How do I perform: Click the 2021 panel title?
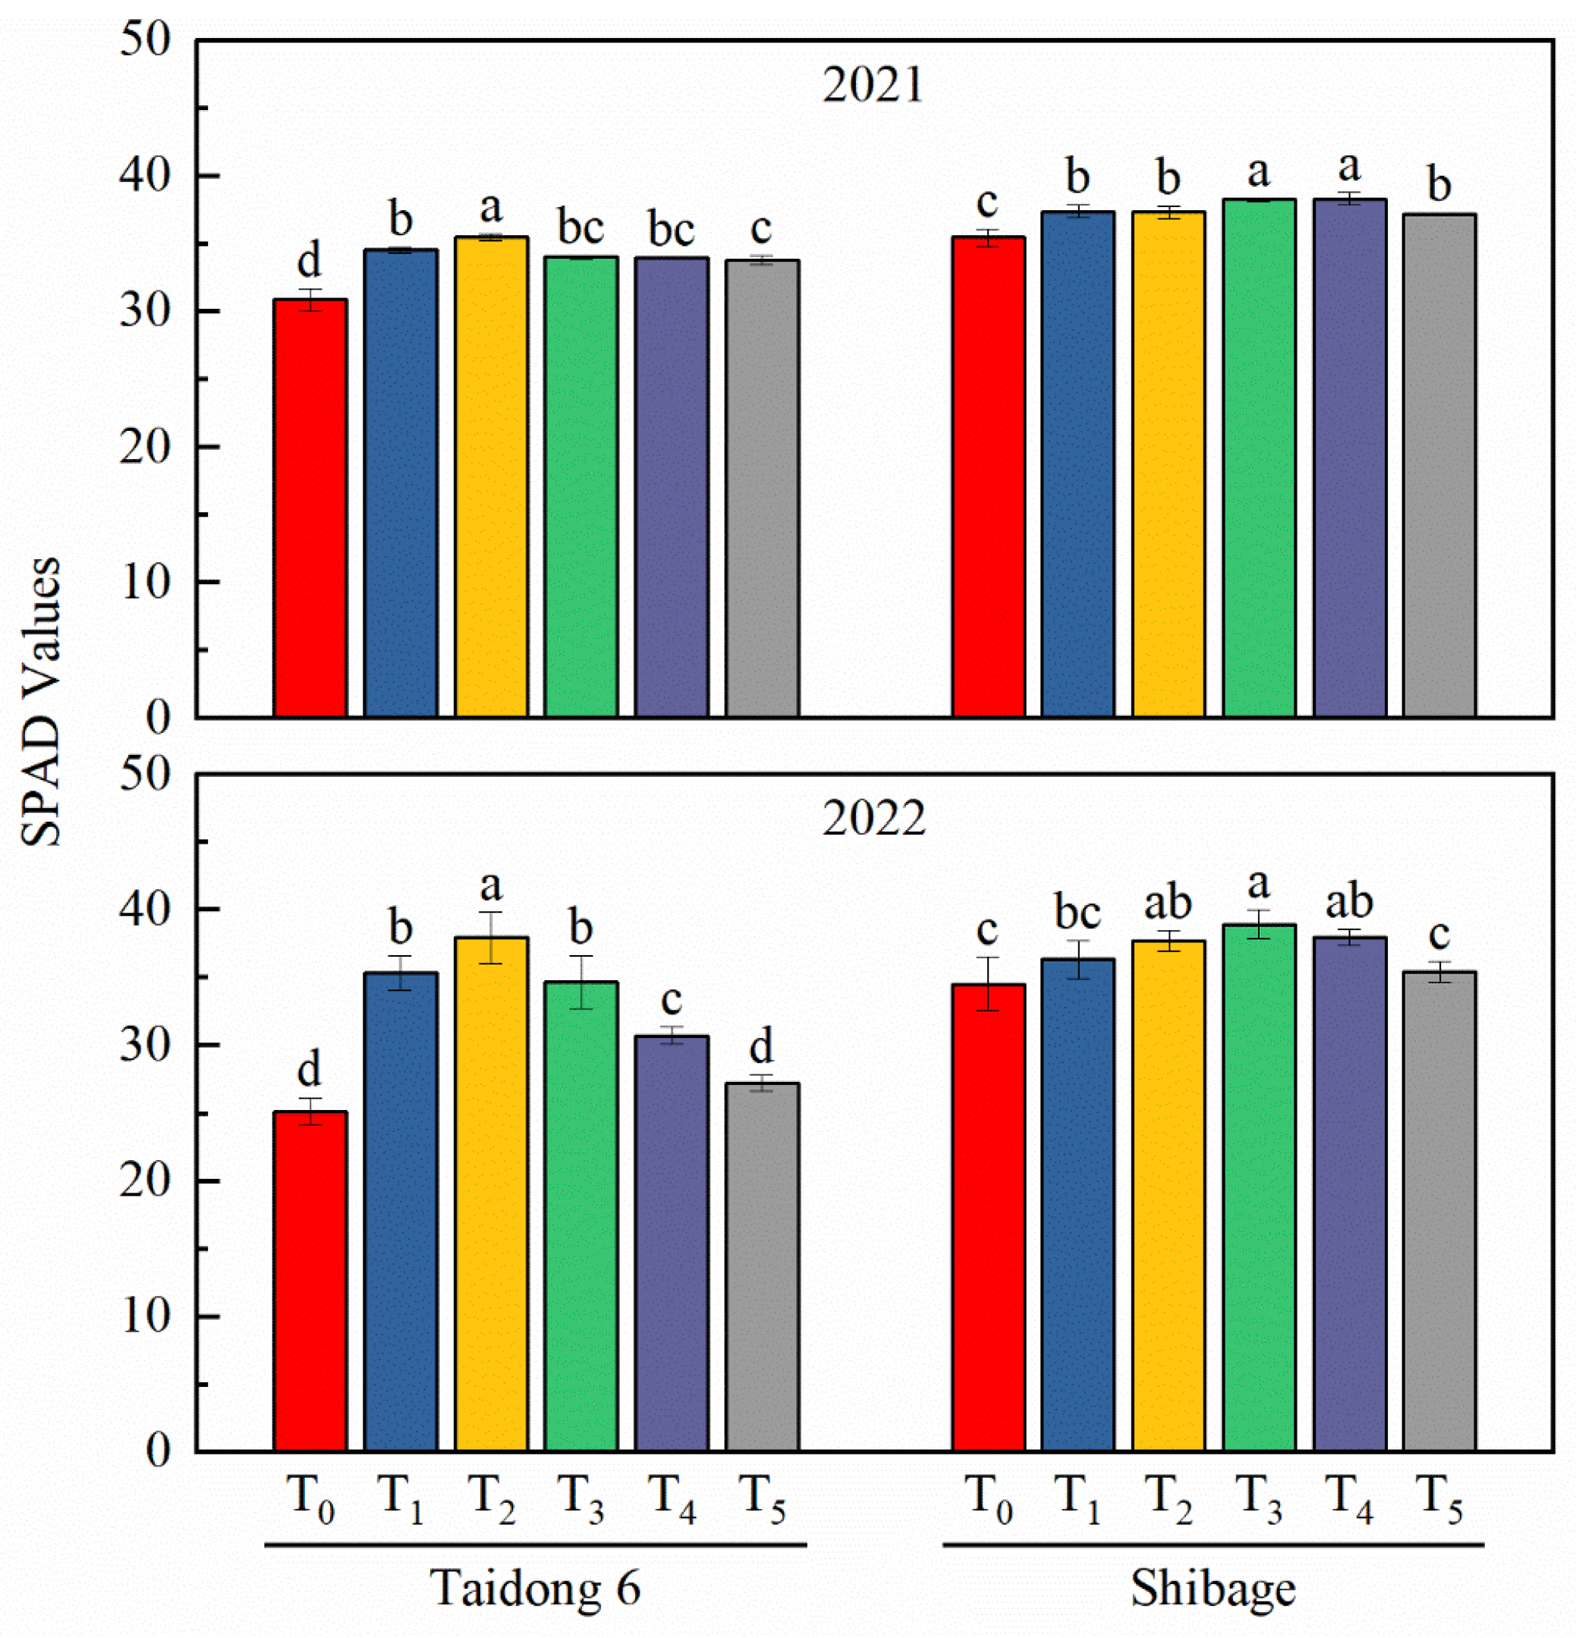coord(873,85)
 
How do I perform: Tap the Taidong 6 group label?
coord(535,1588)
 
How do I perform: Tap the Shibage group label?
coord(1213,1588)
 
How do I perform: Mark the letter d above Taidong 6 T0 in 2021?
coord(308,260)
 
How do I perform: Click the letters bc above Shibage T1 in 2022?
coord(1077,912)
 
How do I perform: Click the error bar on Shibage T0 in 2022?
coord(989,984)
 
